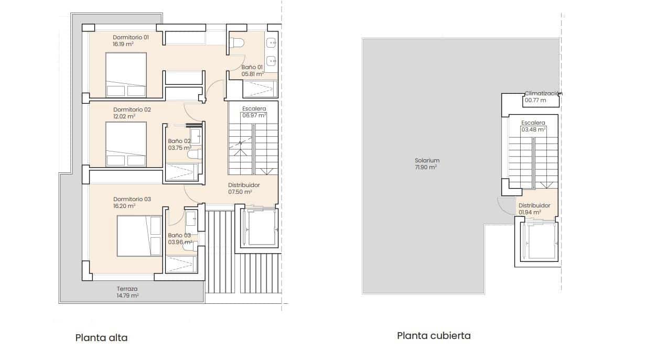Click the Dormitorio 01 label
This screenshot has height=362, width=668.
[x=131, y=37]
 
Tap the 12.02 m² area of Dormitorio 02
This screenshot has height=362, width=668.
[x=124, y=116]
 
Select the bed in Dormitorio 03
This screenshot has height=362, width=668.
[x=139, y=236]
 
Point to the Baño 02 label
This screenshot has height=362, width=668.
[x=179, y=141]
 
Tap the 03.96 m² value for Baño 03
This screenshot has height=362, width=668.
[x=180, y=242]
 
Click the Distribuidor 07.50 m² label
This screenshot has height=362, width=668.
[x=244, y=188]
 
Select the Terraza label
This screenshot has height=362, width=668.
[x=127, y=289]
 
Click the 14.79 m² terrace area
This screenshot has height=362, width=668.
[x=127, y=295]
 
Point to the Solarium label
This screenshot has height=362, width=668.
[x=427, y=160]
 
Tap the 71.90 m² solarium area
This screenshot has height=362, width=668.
[x=426, y=167]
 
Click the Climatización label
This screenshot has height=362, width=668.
[x=543, y=93]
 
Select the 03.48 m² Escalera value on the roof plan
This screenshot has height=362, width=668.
[x=533, y=129]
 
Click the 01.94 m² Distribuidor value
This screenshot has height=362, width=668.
[x=530, y=213]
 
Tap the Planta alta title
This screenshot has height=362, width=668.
[x=101, y=337]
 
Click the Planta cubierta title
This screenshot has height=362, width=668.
[x=434, y=336]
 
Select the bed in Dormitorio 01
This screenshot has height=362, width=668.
[x=126, y=75]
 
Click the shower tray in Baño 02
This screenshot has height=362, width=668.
[x=181, y=172]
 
